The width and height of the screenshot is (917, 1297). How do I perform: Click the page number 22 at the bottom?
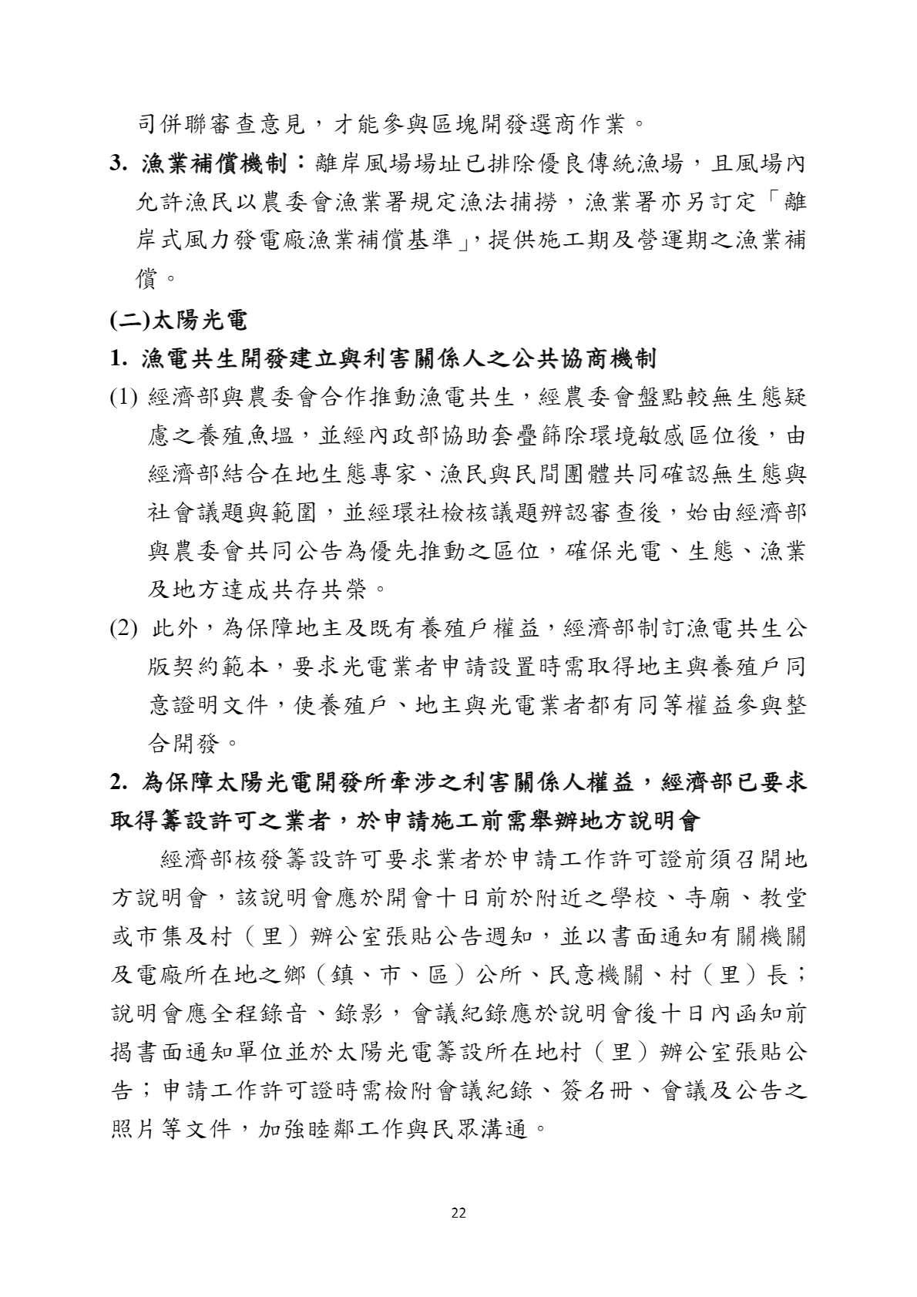458,1213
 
